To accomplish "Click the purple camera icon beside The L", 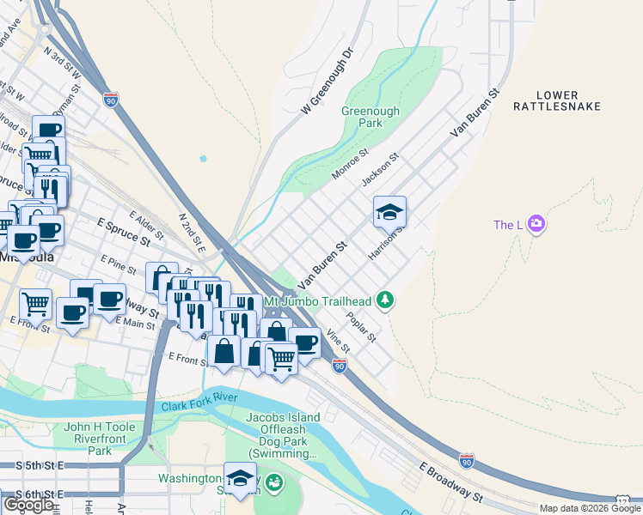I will pyautogui.click(x=536, y=224).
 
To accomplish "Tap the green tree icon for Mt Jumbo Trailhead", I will pyautogui.click(x=387, y=300).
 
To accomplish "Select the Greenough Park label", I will pyautogui.click(x=370, y=117).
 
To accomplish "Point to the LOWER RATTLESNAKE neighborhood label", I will pyautogui.click(x=568, y=100).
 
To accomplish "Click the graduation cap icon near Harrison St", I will pyautogui.click(x=389, y=210).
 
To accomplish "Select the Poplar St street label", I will pyautogui.click(x=362, y=326).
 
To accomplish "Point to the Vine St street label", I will pyautogui.click(x=339, y=342).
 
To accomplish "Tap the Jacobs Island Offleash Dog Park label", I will pyautogui.click(x=283, y=435).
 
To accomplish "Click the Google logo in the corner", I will pyautogui.click(x=28, y=504).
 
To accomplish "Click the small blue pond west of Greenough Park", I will pyautogui.click(x=203, y=159).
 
